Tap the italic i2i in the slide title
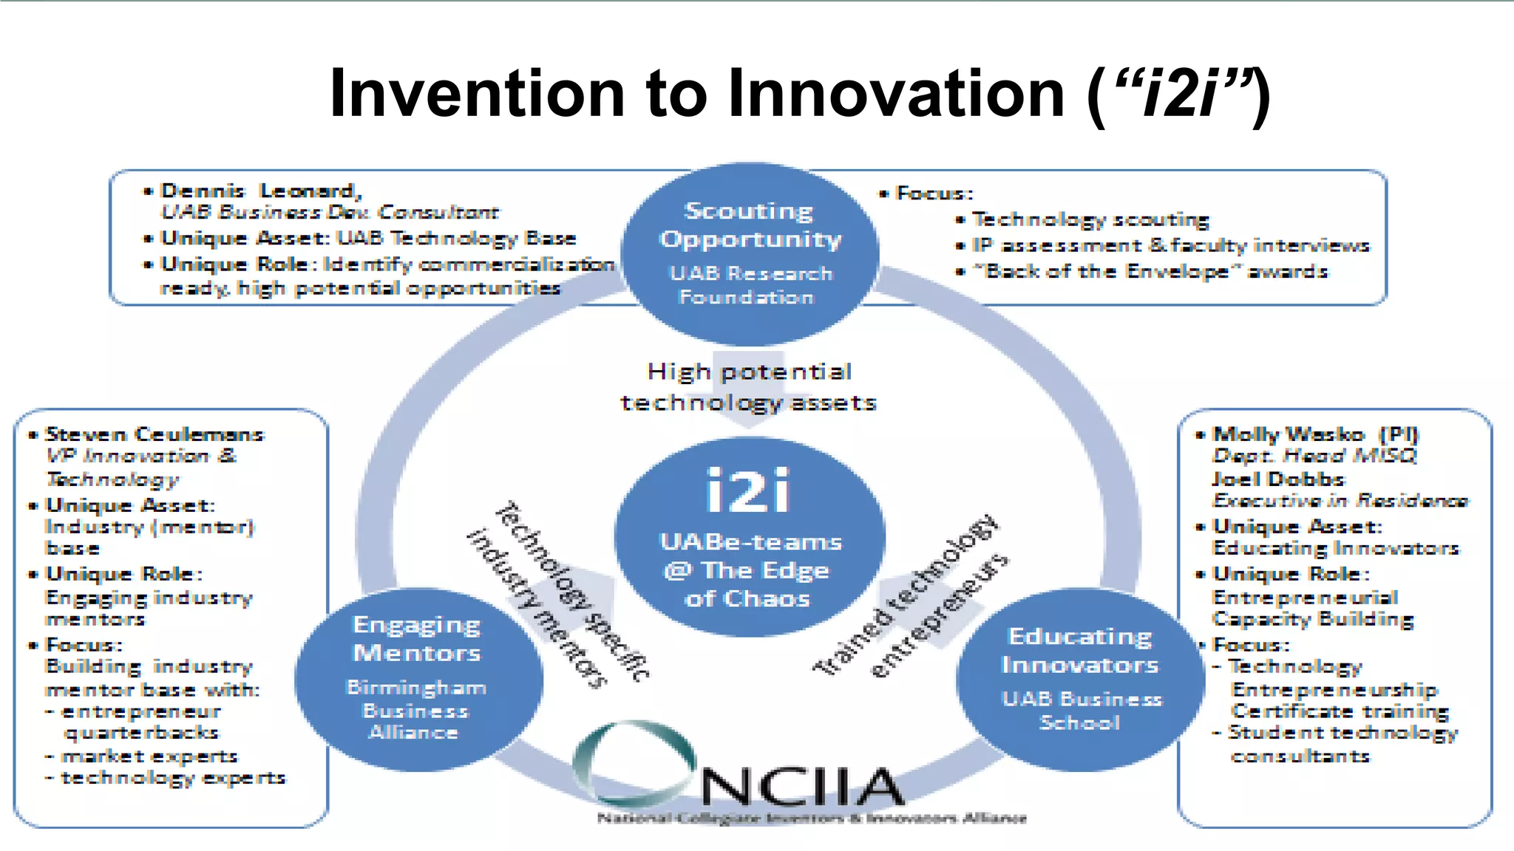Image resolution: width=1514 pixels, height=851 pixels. [1181, 93]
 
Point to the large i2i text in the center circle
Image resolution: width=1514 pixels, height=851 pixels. [748, 491]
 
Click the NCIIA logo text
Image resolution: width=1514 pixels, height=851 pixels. [802, 787]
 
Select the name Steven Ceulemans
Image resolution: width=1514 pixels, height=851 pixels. [155, 434]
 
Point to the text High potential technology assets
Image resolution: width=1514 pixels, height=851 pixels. [749, 386]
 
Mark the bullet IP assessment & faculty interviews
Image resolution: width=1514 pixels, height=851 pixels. [1170, 245]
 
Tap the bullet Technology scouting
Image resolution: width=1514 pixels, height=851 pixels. [1090, 219]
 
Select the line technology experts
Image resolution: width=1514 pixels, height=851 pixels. [172, 778]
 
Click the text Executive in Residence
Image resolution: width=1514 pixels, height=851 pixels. [1340, 501]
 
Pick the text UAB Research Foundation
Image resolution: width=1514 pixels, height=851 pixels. [749, 285]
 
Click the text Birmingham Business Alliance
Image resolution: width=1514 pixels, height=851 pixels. [416, 710]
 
